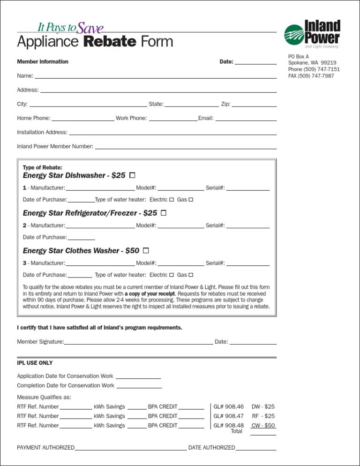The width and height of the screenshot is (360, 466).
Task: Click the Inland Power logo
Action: (312, 34)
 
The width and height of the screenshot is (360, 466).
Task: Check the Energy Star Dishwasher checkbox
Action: (132, 175)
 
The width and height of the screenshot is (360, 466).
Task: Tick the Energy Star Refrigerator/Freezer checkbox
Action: (164, 213)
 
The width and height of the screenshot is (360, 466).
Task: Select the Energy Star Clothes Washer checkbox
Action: (146, 250)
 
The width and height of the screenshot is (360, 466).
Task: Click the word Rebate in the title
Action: (110, 42)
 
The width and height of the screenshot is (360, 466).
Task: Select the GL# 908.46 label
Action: (229, 406)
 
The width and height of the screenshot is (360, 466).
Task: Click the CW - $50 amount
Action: (263, 426)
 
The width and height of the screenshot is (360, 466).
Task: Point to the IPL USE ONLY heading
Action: (35, 363)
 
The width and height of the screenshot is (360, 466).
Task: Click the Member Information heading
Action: (43, 62)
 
